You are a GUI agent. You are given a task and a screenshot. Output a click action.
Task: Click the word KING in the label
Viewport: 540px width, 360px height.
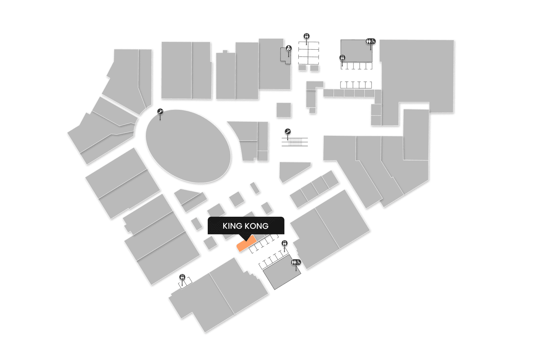tap(232, 226)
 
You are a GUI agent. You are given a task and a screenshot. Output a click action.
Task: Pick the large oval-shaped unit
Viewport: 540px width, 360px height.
tap(188, 146)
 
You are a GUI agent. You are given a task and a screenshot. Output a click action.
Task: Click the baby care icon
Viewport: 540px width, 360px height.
tap(288, 48)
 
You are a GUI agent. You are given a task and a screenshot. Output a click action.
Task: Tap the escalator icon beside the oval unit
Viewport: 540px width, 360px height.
tap(160, 112)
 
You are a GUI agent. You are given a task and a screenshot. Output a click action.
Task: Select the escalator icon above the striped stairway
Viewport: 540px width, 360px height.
tap(287, 132)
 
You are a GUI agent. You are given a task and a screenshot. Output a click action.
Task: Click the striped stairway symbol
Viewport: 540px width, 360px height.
tap(295, 142)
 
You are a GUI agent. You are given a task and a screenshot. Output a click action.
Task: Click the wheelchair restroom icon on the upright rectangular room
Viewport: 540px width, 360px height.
tap(371, 41)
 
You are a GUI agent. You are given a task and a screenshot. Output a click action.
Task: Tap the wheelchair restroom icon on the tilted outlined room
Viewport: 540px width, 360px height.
tap(296, 262)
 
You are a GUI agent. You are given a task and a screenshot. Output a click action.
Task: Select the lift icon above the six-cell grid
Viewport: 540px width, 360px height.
tap(307, 36)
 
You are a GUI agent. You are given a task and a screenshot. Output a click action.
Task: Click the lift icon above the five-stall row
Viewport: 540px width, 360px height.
tap(342, 58)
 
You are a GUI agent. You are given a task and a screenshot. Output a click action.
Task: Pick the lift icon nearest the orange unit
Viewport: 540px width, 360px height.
tap(284, 243)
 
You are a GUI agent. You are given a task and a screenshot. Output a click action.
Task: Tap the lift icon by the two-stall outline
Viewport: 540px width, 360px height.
tap(182, 277)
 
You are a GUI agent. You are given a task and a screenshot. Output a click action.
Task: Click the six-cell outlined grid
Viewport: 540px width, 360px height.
tap(309, 53)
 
